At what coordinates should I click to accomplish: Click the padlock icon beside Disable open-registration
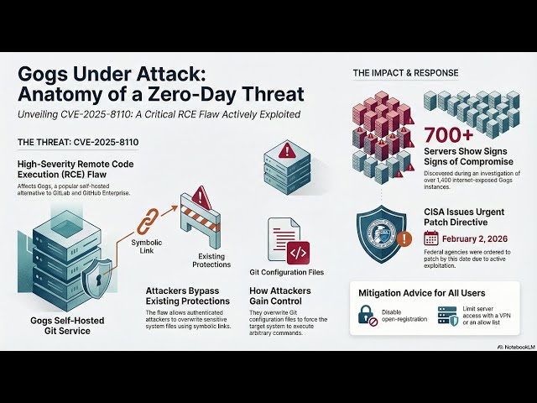(368, 315)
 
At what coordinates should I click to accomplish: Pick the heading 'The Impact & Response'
(406, 73)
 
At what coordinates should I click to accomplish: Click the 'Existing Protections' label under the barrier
(211, 259)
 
